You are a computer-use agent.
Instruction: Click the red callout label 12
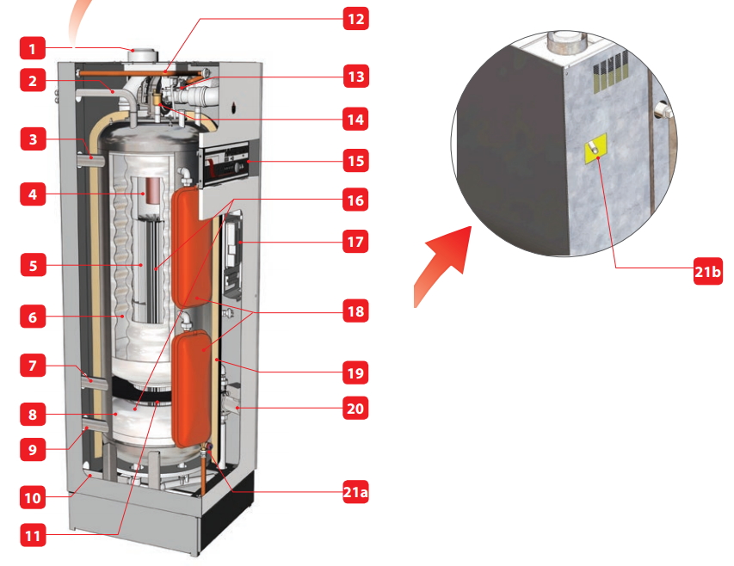tap(355, 19)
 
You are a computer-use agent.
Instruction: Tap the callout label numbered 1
tap(33, 48)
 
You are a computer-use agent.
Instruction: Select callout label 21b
tap(708, 271)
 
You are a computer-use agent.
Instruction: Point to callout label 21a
tap(355, 492)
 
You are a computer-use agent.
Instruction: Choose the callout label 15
tap(355, 161)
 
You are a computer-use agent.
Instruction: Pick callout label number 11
tap(33, 535)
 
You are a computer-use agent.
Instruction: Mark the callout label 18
tap(355, 311)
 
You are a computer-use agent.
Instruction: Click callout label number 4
tap(33, 194)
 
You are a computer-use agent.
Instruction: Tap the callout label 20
tap(355, 408)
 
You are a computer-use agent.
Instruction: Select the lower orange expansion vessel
tap(192, 388)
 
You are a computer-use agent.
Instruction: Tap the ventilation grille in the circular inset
tap(611, 73)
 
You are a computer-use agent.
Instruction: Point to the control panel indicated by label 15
tap(224, 163)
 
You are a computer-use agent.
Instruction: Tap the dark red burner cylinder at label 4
tap(151, 191)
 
